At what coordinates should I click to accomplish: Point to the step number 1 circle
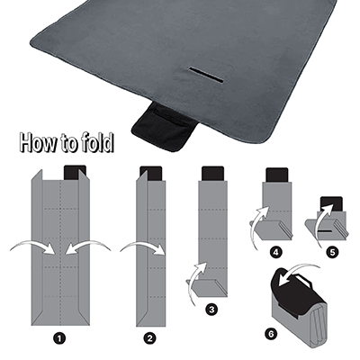coord(59,338)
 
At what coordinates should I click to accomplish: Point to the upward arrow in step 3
coord(198,274)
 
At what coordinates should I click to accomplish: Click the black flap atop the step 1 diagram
coord(76,171)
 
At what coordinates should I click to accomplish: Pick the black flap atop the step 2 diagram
coord(150,171)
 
